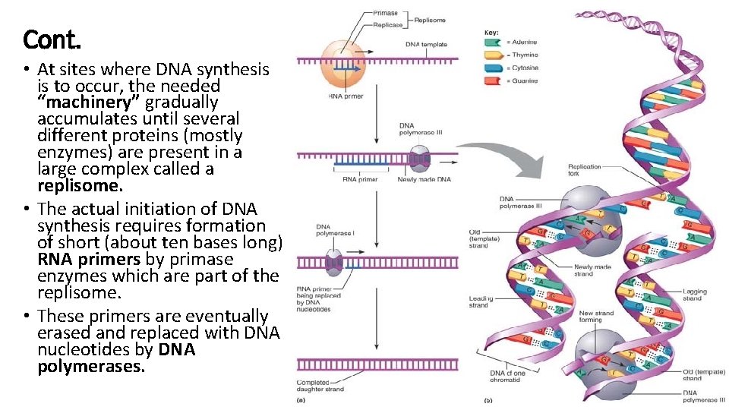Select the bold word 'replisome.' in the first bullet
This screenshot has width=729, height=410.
click(80, 185)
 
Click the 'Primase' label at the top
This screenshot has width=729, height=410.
click(386, 14)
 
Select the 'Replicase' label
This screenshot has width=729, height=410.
click(387, 25)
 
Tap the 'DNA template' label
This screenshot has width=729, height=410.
click(426, 45)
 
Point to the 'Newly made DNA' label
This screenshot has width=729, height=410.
click(424, 179)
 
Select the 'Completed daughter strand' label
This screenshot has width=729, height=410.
click(320, 386)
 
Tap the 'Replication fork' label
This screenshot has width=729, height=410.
click(584, 170)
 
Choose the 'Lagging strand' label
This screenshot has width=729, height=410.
click(694, 295)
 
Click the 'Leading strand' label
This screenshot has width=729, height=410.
click(478, 301)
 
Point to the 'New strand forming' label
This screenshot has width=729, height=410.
click(596, 317)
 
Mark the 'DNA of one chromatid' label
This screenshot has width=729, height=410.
click(508, 377)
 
